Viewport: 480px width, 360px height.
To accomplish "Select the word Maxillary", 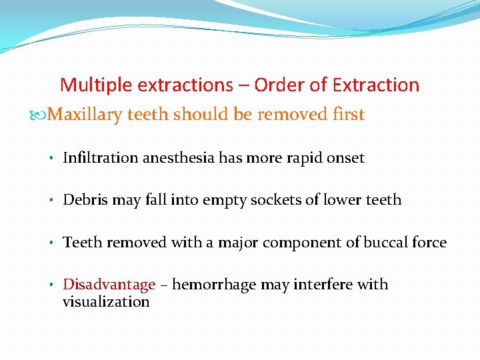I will (86, 115).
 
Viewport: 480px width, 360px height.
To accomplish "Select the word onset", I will (343, 158).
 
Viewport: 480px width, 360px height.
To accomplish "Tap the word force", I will (429, 243).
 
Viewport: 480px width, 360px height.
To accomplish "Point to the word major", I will (237, 243).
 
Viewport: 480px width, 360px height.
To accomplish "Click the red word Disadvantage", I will (109, 285).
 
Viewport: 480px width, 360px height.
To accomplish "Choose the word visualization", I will (106, 302).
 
